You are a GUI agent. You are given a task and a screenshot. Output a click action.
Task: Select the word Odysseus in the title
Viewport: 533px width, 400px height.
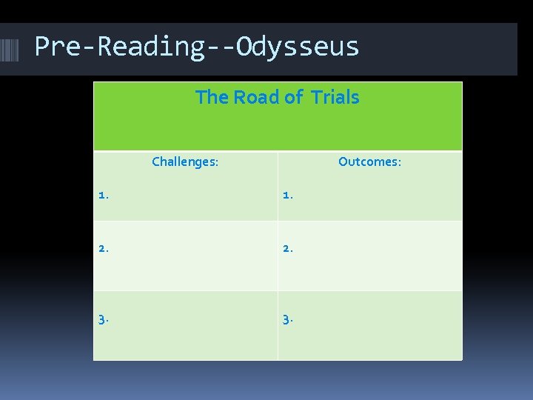(298, 47)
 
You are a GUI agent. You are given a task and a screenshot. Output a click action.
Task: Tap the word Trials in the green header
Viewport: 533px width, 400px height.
(335, 98)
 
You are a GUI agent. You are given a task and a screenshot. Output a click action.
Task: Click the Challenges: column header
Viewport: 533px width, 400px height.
(185, 161)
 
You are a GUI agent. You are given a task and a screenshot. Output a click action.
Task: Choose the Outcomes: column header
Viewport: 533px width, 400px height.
(369, 161)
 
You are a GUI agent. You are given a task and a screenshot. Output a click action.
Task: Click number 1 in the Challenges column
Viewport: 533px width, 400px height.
(103, 196)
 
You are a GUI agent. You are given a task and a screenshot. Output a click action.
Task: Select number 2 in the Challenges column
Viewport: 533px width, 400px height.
(103, 249)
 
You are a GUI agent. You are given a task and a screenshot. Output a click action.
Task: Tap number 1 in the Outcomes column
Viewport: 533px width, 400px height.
(287, 196)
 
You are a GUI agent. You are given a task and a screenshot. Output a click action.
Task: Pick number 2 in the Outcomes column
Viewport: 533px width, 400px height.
(287, 249)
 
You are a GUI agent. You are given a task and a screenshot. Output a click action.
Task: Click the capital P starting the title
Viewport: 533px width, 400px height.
(43, 47)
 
